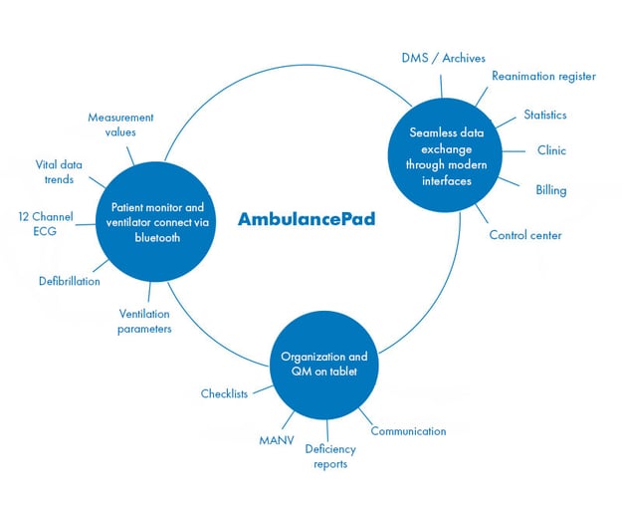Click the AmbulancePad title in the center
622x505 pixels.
[306, 218]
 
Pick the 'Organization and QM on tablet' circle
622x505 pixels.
[323, 364]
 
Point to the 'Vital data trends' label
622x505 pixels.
[61, 171]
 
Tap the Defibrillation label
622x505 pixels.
[69, 281]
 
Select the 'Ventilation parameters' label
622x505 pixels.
[144, 321]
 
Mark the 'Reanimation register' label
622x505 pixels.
[543, 76]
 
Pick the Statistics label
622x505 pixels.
[544, 115]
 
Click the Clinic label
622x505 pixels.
[550, 151]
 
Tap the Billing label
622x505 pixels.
[550, 189]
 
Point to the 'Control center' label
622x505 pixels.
[524, 235]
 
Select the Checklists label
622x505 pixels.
[224, 393]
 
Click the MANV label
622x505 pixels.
[276, 439]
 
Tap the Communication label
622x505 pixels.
[408, 431]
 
